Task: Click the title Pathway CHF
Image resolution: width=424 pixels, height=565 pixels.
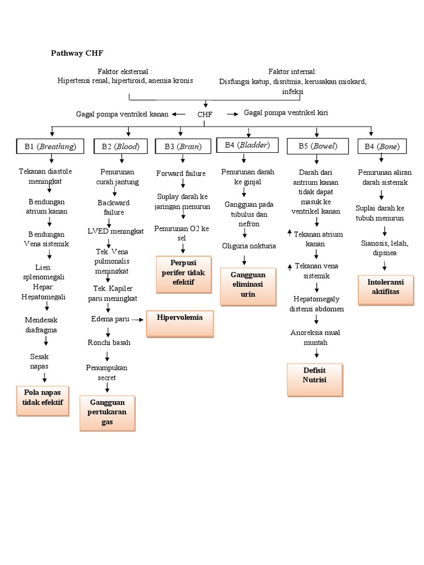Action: pos(77,53)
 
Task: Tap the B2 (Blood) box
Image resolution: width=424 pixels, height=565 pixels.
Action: pos(120,146)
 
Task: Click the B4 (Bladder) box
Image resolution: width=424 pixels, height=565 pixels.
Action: pos(248,145)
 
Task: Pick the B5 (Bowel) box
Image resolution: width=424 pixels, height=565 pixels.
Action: pos(317,146)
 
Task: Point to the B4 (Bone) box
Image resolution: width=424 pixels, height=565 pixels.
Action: pos(382,146)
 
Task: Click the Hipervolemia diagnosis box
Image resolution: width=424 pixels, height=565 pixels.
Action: pos(179,323)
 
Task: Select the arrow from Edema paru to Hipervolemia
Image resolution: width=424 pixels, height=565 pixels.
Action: pos(137,319)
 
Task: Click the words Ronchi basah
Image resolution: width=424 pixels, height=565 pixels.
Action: pos(109,342)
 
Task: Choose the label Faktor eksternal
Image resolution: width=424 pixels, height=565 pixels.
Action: pos(124,72)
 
